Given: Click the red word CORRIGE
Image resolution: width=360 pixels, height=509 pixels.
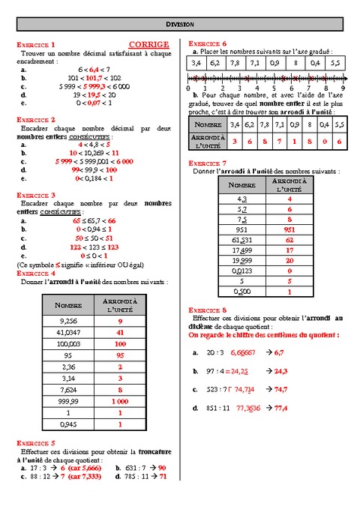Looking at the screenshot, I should [x=154, y=45].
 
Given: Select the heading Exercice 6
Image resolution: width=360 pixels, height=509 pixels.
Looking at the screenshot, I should [x=208, y=43].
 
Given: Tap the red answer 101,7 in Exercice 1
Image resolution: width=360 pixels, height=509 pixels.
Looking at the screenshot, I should [x=92, y=77].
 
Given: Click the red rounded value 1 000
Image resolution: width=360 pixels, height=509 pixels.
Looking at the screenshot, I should [x=120, y=402].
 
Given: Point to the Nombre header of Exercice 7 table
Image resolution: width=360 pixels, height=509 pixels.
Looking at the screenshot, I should [x=241, y=184].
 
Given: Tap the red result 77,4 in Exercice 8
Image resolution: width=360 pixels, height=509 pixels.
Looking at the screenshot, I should [x=282, y=409].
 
